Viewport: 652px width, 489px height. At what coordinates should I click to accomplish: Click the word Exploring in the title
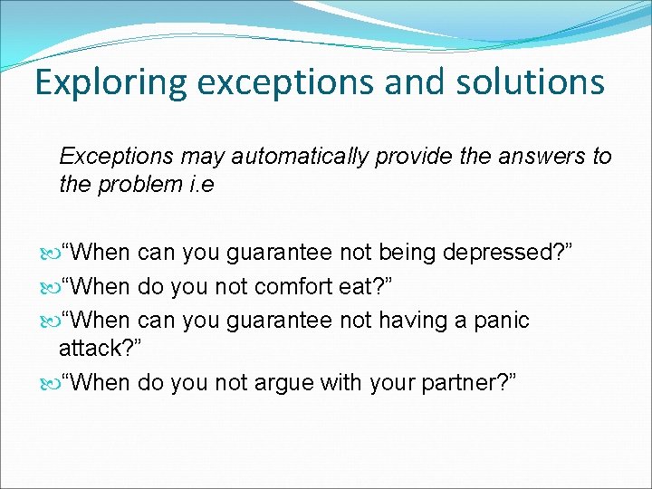110,81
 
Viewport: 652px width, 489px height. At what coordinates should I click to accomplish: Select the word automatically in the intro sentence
300,157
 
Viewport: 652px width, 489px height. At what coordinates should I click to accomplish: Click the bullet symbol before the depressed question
51,253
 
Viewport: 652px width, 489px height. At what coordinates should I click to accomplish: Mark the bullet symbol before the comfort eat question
51,287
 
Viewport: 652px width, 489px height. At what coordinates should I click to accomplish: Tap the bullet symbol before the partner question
51,382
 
